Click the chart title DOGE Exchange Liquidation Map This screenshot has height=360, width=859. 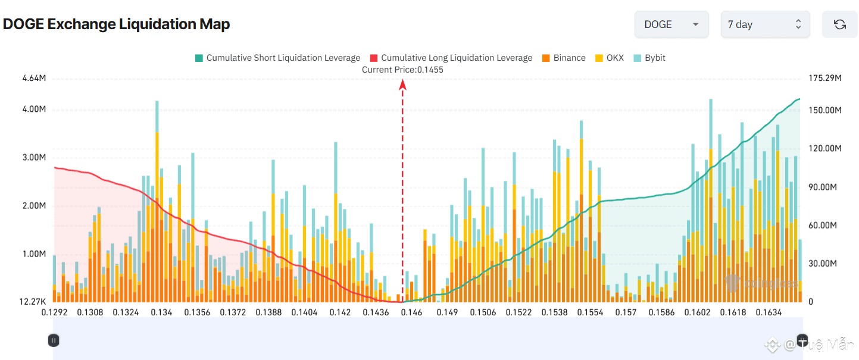(117, 24)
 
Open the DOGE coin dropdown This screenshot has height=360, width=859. (671, 24)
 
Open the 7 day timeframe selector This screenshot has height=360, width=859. (764, 24)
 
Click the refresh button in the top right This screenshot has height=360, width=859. (839, 24)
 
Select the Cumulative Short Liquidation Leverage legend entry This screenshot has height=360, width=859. (277, 58)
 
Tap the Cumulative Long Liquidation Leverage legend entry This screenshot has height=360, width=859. (451, 58)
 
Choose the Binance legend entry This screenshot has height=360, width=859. (564, 58)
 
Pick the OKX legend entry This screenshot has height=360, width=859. (610, 58)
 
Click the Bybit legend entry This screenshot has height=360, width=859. (649, 58)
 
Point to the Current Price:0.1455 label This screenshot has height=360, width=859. (402, 70)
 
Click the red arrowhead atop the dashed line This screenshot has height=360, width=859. (402, 84)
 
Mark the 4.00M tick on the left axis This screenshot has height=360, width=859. (34, 109)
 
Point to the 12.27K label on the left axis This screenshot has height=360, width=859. (33, 302)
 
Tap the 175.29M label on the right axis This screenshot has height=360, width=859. (824, 78)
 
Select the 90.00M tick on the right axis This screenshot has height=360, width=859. (823, 187)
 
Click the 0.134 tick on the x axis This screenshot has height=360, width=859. (161, 312)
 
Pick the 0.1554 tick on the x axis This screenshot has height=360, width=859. (590, 312)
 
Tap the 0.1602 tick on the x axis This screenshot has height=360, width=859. (697, 312)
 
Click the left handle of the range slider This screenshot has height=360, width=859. (54, 340)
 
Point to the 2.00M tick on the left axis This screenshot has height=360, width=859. (34, 206)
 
